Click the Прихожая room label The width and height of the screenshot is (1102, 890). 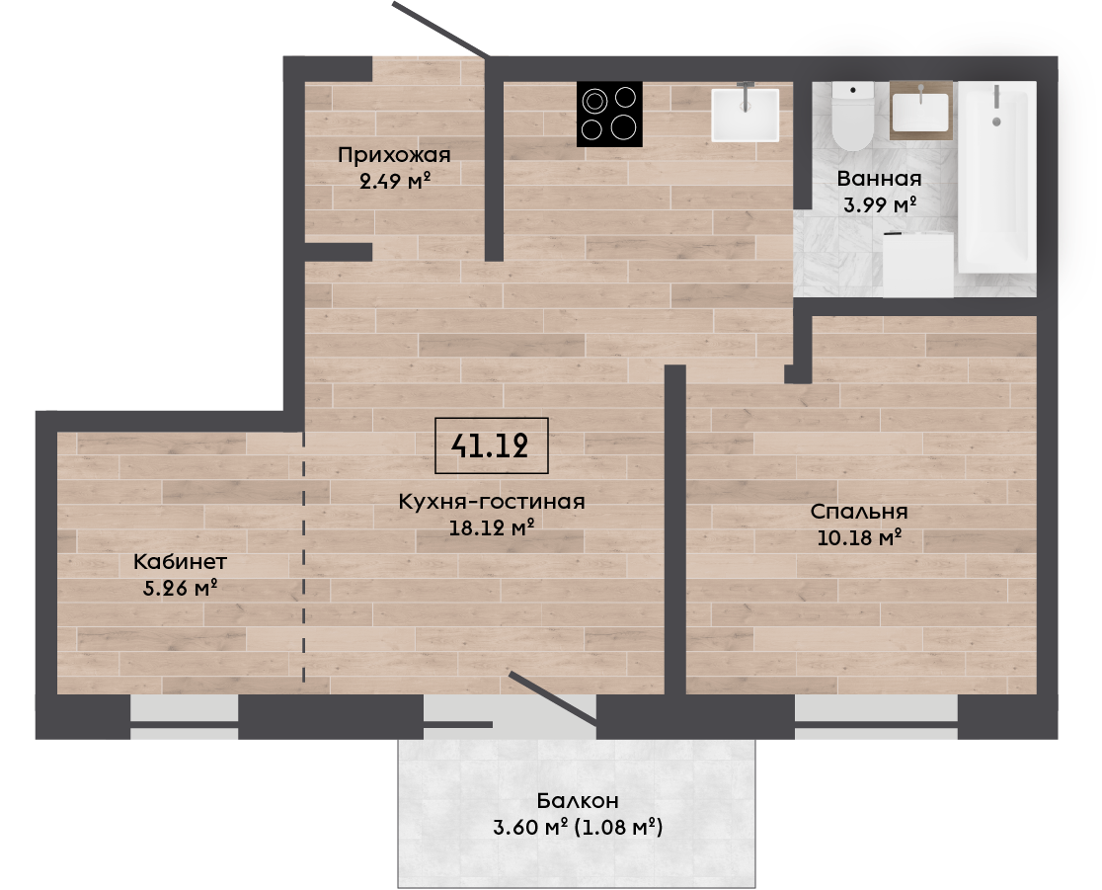[x=394, y=155]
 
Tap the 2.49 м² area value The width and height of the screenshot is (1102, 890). [x=394, y=182]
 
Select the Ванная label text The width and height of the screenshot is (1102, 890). [x=879, y=179]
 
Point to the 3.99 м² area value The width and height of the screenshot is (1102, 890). [x=879, y=204]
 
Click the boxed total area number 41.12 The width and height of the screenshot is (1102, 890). [x=491, y=445]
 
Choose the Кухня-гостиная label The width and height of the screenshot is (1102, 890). [x=492, y=501]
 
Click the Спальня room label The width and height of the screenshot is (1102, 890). [x=859, y=512]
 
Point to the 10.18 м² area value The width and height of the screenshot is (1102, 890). [x=859, y=537]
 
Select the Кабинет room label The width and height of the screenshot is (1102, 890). [x=180, y=562]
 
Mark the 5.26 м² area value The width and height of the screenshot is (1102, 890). [x=179, y=588]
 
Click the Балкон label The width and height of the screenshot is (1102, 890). [x=578, y=801]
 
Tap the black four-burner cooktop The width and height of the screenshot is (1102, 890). [x=609, y=115]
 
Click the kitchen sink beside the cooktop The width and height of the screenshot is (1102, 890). [x=745, y=115]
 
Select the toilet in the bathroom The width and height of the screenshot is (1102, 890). [x=852, y=116]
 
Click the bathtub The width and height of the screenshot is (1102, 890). [x=996, y=177]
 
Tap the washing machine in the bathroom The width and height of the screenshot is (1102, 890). [x=918, y=265]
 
